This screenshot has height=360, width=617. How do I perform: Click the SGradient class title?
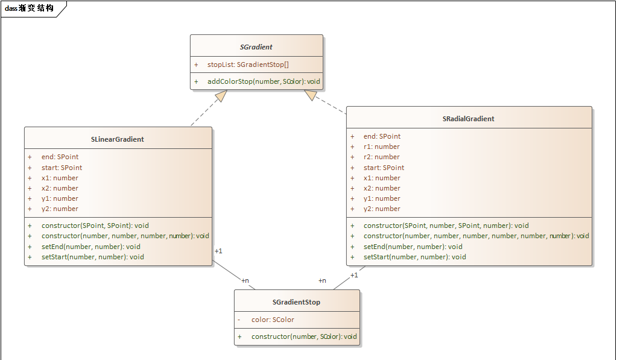point(256,46)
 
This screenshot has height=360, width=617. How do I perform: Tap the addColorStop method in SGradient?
point(264,81)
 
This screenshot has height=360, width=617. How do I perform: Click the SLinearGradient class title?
point(118,139)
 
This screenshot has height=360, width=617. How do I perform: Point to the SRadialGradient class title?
point(468,119)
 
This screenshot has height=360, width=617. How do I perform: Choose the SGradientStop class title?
point(296,302)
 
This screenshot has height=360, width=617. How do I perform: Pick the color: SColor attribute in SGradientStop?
point(273,320)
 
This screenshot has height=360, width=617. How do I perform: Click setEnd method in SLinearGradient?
point(90,247)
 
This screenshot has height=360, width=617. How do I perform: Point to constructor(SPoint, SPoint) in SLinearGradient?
point(95,226)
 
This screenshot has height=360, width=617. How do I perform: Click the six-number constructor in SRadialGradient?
point(476,236)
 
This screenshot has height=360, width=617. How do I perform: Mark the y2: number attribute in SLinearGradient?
point(60,209)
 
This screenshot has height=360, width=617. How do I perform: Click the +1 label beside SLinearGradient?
point(218,251)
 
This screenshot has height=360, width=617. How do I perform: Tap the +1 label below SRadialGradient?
point(354,275)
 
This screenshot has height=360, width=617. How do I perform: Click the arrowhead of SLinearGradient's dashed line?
point(221,95)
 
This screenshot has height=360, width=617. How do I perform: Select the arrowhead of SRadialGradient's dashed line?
point(311,95)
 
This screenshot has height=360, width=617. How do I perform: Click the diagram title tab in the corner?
point(29,8)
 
